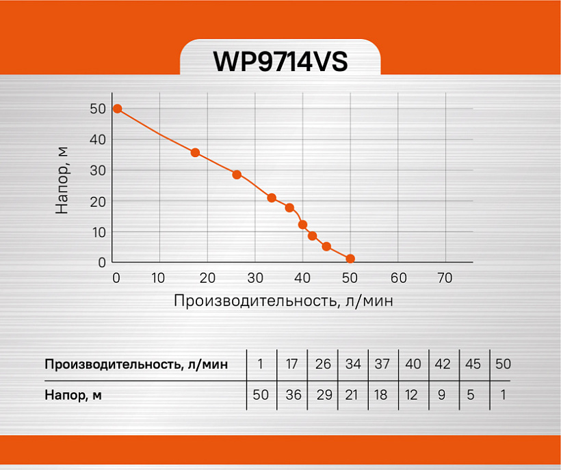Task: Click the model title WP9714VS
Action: [x=280, y=61]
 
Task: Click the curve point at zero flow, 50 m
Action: [x=118, y=109]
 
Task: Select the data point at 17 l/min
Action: [x=195, y=153]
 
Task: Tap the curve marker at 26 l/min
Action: [x=237, y=175]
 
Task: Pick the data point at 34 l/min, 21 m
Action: [x=272, y=198]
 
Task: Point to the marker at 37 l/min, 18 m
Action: [x=290, y=208]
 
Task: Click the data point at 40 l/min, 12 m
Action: [x=302, y=225]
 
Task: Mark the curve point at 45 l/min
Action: [x=326, y=247]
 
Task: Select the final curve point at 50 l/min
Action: [x=350, y=259]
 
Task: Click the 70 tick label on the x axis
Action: [x=445, y=278]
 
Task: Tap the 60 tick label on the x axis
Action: [x=399, y=278]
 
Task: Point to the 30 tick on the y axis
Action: [x=98, y=171]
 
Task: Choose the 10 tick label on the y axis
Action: [x=99, y=232]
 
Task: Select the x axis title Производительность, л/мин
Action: [x=283, y=301]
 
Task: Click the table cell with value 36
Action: [x=293, y=395]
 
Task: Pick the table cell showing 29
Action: [x=324, y=395]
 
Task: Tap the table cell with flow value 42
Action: [x=443, y=364]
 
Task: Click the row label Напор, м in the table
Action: [x=73, y=396]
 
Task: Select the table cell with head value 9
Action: [x=442, y=395]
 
